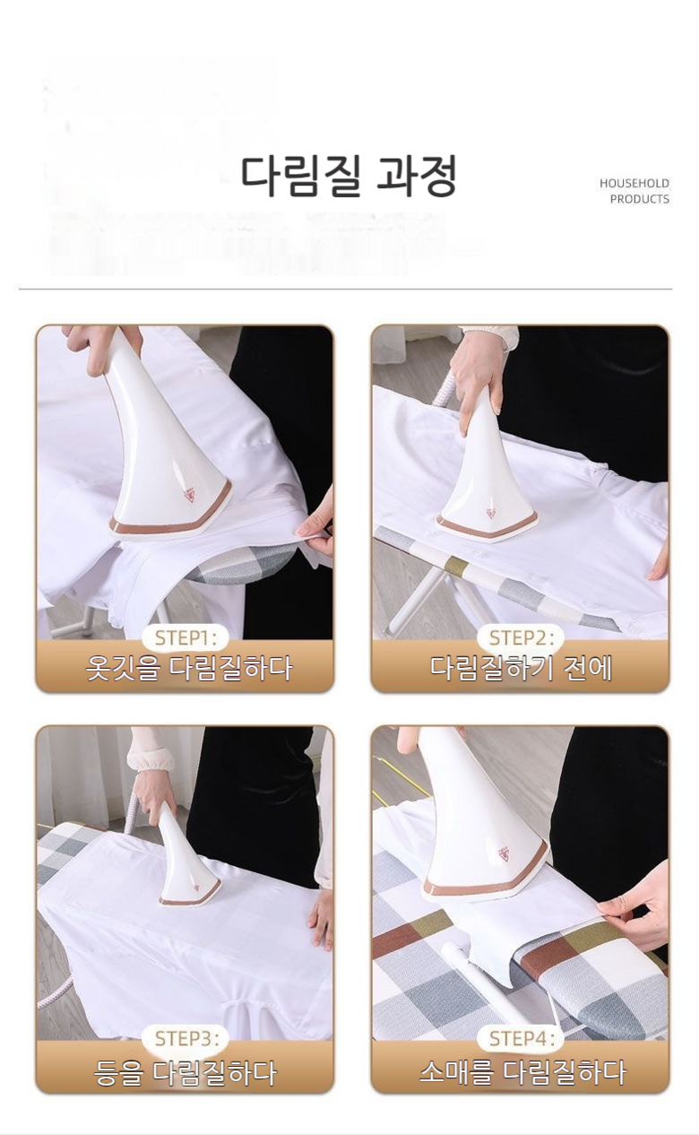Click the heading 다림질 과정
349,176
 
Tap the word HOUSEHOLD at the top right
634,183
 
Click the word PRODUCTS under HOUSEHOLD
639,199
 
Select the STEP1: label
186,638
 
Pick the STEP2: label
520,638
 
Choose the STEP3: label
186,1038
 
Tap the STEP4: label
520,1038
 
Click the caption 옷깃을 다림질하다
189,668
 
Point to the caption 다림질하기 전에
521,668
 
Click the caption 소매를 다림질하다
522,1071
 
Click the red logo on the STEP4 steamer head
504,853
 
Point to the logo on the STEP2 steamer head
491,512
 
